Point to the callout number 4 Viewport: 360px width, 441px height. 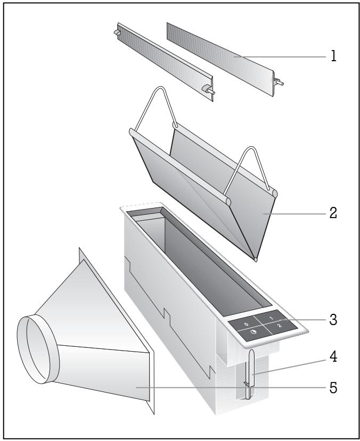tap(334, 357)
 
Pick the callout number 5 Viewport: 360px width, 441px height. tap(334, 388)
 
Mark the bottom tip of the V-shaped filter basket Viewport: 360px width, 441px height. tap(256, 260)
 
